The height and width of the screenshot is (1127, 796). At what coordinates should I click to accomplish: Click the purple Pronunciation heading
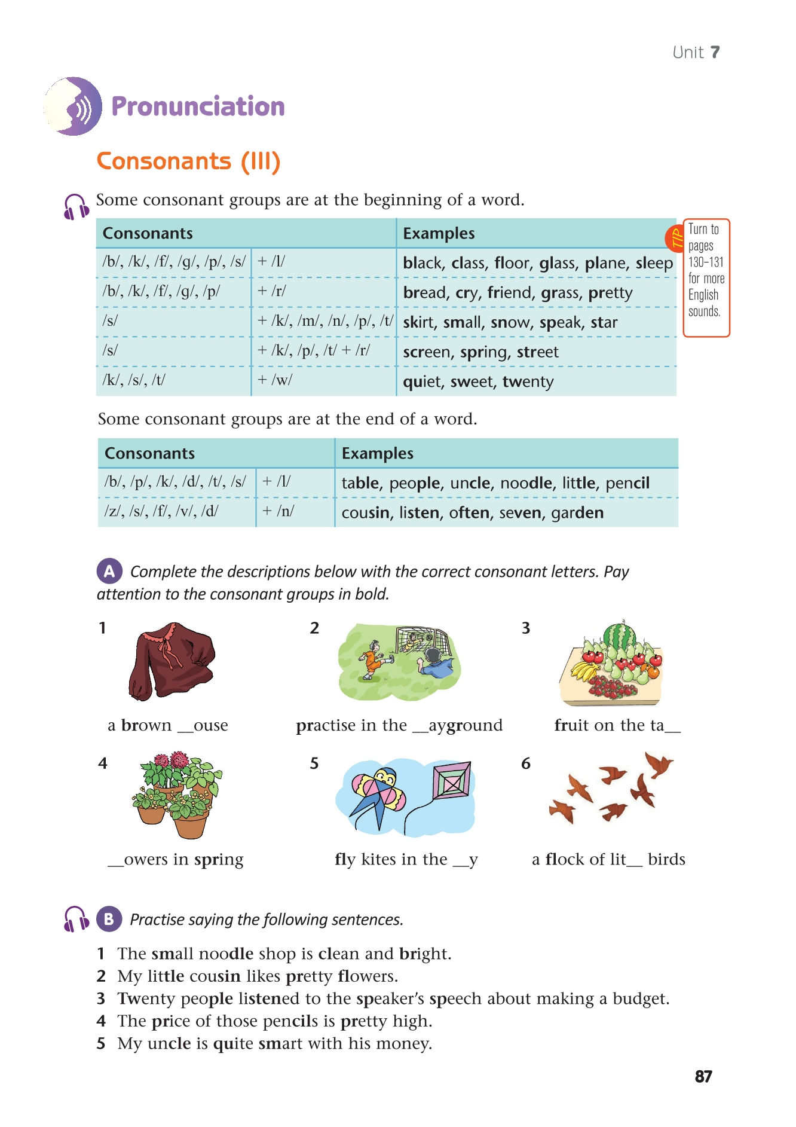click(198, 106)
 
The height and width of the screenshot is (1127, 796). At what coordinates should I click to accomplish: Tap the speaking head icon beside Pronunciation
click(73, 106)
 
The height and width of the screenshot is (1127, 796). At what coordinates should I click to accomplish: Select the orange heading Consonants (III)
click(188, 161)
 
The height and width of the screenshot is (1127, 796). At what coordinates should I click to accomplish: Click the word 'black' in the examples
click(424, 263)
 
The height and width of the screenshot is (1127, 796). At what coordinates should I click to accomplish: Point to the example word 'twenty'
click(528, 381)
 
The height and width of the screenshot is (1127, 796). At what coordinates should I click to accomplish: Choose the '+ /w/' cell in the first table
click(274, 380)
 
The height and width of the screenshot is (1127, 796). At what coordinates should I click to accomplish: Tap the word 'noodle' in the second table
click(526, 483)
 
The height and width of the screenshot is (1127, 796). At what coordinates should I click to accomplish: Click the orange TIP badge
click(675, 238)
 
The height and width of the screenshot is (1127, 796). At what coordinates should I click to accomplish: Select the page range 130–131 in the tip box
click(706, 262)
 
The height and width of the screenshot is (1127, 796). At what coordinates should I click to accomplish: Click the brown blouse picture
click(172, 661)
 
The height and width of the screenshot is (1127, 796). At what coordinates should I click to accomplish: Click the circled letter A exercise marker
click(109, 572)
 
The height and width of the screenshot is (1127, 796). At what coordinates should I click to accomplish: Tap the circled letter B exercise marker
click(109, 919)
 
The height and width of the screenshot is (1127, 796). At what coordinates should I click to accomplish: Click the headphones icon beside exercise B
click(76, 919)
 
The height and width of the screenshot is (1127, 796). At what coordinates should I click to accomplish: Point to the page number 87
click(703, 1077)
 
